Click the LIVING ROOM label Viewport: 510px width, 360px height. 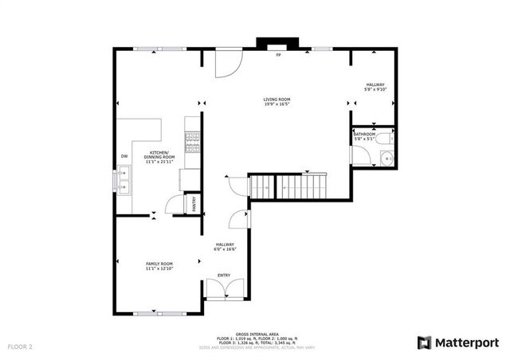tap(277, 100)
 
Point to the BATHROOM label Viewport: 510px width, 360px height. tap(364, 135)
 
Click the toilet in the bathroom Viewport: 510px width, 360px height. tap(385, 140)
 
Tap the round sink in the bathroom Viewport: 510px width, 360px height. tap(386, 158)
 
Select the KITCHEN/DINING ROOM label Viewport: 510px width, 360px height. tap(159, 155)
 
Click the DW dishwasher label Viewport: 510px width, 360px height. tap(124, 156)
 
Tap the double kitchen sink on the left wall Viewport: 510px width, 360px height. tap(124, 188)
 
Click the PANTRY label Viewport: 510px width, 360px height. tap(193, 204)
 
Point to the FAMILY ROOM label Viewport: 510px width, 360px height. tap(159, 264)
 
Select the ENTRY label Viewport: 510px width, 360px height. tap(224, 276)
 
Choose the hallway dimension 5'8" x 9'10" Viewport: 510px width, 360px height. tap(375, 90)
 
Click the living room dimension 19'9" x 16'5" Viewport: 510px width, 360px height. tap(277, 104)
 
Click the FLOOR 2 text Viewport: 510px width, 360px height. tap(20, 347)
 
